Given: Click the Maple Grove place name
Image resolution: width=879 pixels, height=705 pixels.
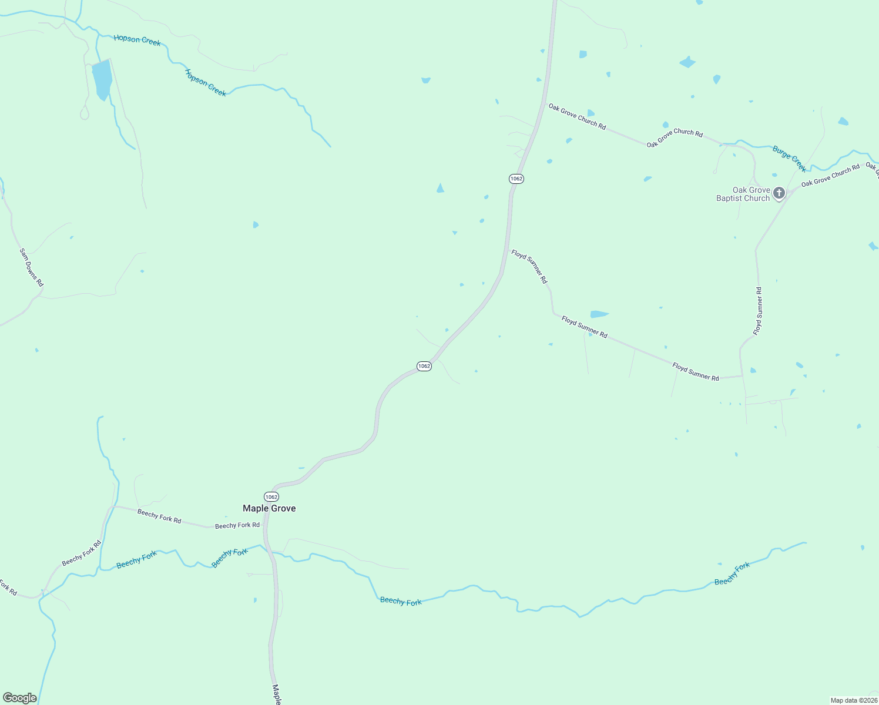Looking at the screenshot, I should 269,508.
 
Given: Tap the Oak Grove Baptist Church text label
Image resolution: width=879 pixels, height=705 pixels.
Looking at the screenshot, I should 743,194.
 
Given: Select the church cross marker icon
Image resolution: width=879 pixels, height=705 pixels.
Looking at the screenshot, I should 779,193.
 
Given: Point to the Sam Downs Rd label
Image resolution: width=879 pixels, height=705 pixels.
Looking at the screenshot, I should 32,267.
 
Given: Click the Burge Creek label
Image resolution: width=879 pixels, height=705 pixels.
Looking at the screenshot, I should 789,159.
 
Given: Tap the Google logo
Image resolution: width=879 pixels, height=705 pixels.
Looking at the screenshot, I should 20,698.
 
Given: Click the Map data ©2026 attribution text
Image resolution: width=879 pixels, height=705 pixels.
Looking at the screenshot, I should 853,700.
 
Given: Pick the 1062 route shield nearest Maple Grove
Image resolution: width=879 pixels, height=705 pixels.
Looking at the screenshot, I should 271,497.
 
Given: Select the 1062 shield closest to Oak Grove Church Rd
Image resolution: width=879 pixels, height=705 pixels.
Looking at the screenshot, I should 516,179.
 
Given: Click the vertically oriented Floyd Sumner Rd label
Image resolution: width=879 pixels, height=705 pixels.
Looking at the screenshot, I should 758,311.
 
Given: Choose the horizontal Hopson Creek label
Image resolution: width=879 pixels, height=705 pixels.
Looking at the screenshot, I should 137,40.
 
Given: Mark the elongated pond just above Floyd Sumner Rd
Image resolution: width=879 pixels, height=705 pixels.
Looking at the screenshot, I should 599,314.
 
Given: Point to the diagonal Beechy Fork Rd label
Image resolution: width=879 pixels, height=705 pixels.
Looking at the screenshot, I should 82,553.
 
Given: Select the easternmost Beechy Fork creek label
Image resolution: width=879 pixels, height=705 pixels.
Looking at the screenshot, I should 732,574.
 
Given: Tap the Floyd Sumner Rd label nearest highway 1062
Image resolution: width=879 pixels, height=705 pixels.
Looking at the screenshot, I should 529,266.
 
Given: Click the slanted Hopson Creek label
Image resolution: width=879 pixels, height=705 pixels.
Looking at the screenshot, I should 206,83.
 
